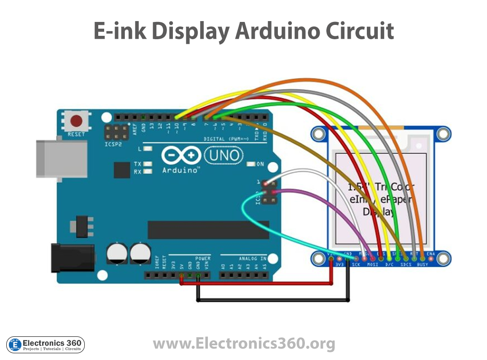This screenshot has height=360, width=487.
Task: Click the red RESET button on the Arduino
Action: tap(76, 121)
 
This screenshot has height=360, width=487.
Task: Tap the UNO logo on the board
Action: tap(224, 156)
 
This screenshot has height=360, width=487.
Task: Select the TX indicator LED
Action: tap(148, 164)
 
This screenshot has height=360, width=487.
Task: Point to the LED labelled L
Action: tap(148, 149)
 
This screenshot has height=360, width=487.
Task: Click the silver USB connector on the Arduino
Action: tap(61, 158)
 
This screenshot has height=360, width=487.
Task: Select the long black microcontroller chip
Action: tap(208, 230)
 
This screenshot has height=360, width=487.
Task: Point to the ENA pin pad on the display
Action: tap(431, 258)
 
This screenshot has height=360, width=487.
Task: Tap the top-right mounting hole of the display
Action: tap(443, 134)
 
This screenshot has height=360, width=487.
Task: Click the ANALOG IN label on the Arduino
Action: tap(252, 258)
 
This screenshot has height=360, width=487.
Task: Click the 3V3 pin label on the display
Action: tap(340, 265)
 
